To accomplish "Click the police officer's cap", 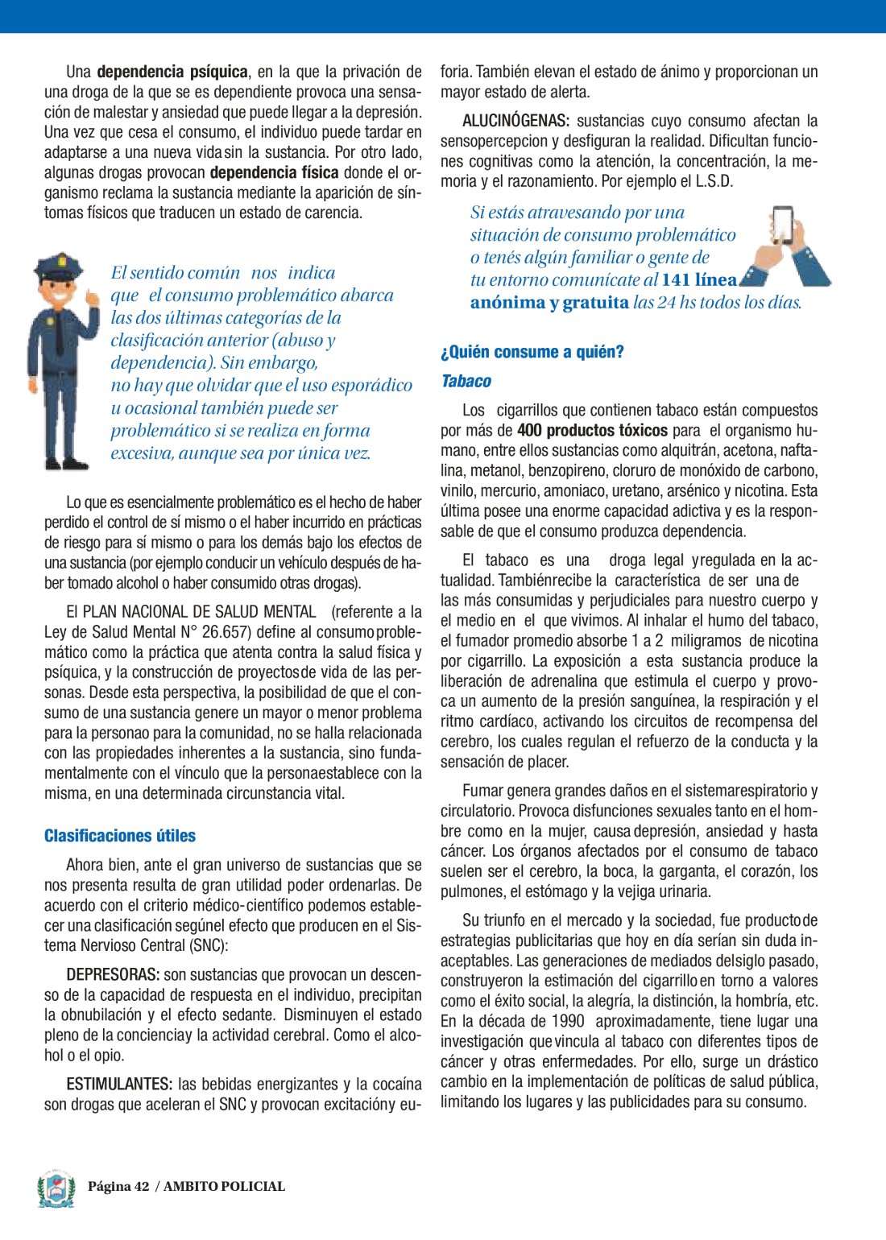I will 59,267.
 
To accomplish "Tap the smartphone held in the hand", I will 782,226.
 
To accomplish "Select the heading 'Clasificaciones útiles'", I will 120,836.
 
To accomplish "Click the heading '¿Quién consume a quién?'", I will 532,352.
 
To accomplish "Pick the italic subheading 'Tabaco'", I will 466,381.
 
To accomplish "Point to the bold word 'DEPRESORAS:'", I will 113,975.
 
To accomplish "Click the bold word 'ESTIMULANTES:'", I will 119,1084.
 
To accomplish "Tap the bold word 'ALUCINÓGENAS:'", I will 515,121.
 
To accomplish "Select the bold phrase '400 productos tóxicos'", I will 592,430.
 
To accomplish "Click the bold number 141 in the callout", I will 675,280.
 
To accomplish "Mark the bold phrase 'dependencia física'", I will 274,172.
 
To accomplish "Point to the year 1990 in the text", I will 568,1021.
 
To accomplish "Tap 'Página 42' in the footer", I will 118,1186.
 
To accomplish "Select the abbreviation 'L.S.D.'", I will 714,181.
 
